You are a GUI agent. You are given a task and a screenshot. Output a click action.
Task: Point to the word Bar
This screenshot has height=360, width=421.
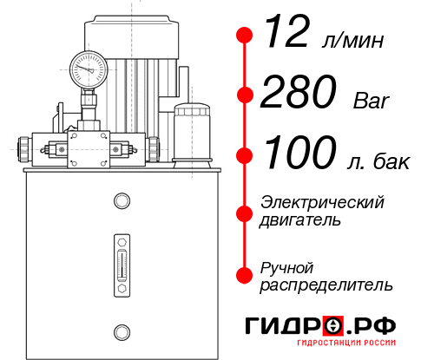(372, 101)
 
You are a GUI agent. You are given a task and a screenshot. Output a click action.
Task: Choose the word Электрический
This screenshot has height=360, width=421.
(322, 202)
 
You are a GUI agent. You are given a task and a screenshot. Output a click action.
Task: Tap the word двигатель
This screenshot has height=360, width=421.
(300, 219)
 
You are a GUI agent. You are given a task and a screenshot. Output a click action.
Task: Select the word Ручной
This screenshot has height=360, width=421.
(287, 266)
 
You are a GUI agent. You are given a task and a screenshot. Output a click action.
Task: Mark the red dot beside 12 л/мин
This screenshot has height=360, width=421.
(245, 36)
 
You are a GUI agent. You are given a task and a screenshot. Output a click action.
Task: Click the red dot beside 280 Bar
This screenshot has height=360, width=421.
(245, 95)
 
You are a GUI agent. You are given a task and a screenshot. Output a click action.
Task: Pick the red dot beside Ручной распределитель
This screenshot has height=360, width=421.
(245, 275)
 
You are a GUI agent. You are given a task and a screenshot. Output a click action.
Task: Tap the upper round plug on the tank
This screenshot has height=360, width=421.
(121, 201)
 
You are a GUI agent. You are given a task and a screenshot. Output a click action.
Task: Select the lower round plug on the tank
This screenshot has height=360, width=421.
(121, 330)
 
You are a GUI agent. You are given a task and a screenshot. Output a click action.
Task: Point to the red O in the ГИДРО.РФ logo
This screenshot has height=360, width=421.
(332, 326)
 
